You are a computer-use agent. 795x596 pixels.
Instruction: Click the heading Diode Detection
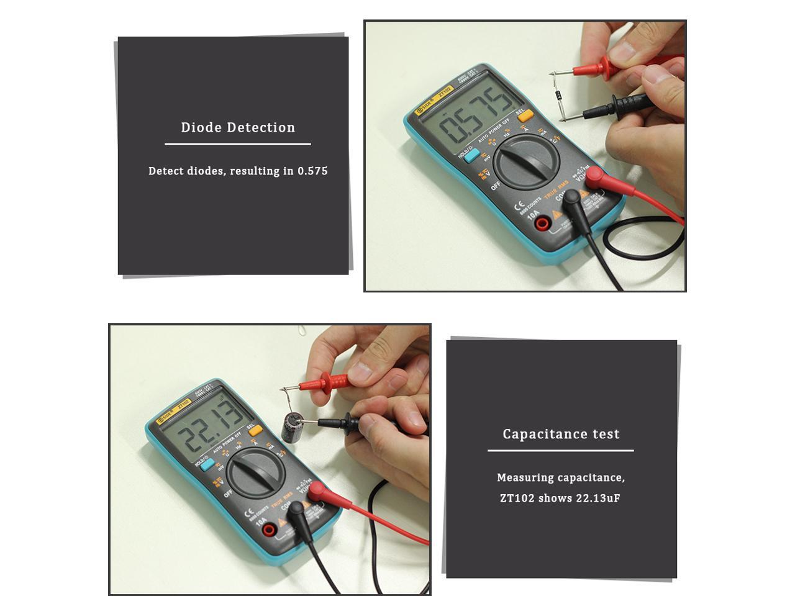click(238, 128)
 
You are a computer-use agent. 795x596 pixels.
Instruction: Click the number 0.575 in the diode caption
click(312, 171)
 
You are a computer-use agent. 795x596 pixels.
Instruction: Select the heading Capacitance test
click(561, 435)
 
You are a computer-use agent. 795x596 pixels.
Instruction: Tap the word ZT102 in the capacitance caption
click(517, 498)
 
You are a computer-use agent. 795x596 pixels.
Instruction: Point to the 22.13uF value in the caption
click(597, 498)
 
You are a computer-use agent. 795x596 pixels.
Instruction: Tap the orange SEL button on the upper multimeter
click(525, 115)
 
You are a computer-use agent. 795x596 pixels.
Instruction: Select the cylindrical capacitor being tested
click(290, 427)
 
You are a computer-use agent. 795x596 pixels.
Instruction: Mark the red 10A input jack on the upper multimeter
click(542, 223)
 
